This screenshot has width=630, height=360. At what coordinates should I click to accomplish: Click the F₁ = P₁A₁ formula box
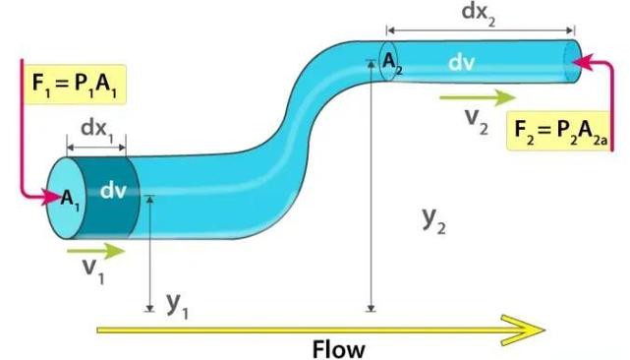(x=75, y=85)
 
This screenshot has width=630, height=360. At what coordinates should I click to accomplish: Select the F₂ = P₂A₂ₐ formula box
(x=559, y=131)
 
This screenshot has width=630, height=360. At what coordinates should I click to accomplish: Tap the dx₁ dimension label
(x=97, y=130)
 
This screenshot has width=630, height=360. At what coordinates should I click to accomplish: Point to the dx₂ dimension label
(x=478, y=13)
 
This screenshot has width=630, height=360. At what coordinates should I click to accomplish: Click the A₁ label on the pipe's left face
(x=70, y=199)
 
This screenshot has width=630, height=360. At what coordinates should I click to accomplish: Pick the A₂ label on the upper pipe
(x=392, y=64)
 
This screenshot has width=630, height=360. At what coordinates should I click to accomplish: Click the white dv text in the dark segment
(x=113, y=190)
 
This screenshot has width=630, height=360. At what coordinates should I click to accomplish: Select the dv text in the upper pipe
(x=461, y=62)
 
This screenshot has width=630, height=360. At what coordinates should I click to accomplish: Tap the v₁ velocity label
(x=93, y=270)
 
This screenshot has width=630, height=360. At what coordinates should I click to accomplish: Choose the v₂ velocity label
(x=477, y=120)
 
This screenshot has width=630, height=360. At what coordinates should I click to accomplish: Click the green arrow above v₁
(x=96, y=251)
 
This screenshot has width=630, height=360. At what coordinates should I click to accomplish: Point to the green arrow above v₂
(x=478, y=97)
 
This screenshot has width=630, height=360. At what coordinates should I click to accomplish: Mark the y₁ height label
(x=178, y=306)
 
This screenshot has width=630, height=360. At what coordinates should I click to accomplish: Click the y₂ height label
(x=434, y=221)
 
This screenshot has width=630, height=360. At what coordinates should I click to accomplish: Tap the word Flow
(x=339, y=348)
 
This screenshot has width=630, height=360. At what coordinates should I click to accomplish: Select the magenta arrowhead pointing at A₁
(x=52, y=197)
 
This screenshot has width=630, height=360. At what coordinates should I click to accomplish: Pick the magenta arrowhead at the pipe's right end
(x=582, y=62)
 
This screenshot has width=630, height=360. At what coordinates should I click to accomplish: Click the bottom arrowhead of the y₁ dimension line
(x=149, y=309)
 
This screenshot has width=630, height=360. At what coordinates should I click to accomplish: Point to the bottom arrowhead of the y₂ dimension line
(x=372, y=309)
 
